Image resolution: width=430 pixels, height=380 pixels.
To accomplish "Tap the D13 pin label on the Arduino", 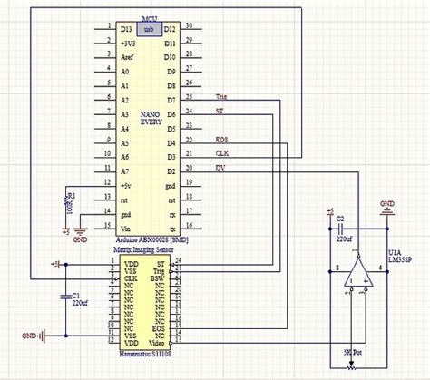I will coord(126,29).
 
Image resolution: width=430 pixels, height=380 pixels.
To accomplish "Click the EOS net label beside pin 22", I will coord(222,139).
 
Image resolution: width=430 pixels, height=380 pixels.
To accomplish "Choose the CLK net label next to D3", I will coord(222,153).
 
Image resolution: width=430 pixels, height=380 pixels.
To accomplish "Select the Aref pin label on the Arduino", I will coord(128,56).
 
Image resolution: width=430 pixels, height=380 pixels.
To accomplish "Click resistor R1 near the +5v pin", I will coord(69,201).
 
